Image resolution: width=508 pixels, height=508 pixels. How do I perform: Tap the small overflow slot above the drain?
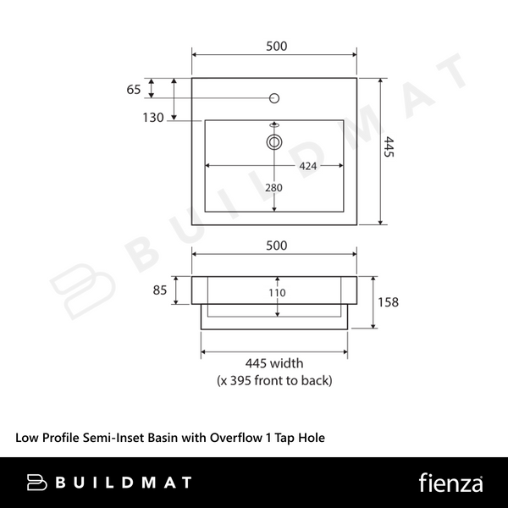coord(274,124)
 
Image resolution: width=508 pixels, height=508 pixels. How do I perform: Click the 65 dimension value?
coord(134,90)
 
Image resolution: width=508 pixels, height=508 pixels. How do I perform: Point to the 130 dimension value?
coord(153,118)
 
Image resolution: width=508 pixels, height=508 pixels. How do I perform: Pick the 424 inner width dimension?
coord(307,166)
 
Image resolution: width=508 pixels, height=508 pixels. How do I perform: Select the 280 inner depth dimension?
coord(273,188)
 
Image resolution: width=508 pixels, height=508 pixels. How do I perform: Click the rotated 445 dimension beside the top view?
coord(389,146)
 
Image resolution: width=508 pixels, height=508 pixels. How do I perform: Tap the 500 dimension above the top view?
coord(276,47)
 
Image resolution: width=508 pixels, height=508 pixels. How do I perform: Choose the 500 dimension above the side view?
coord(276,246)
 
